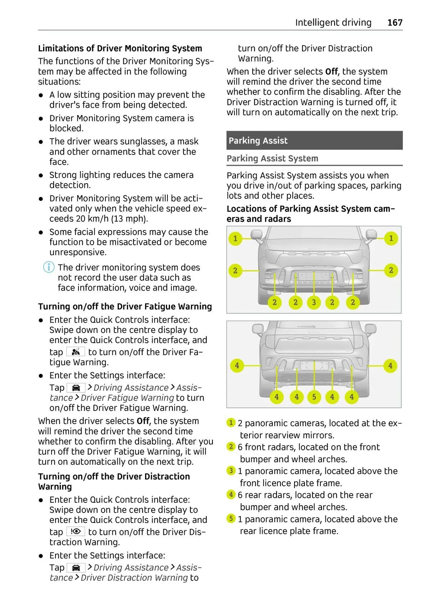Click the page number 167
coord(395,23)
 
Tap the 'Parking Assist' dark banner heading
coord(258,141)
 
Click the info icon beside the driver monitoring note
coord(49,267)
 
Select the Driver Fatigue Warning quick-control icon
coord(76,352)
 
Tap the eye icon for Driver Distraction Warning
coord(76,532)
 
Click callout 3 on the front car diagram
coord(314,302)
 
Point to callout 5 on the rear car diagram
coord(314,397)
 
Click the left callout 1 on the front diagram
coord(235,238)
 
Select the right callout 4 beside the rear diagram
coord(390,365)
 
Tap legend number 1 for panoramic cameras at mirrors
coord(231,423)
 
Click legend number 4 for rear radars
coord(231,494)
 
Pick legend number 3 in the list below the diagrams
coord(231,470)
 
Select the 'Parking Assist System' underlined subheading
coord(272,158)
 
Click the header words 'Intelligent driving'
coord(333,23)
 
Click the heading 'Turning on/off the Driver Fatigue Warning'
coord(125,307)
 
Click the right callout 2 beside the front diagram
coord(391,270)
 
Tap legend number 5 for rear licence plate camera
coord(231,519)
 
